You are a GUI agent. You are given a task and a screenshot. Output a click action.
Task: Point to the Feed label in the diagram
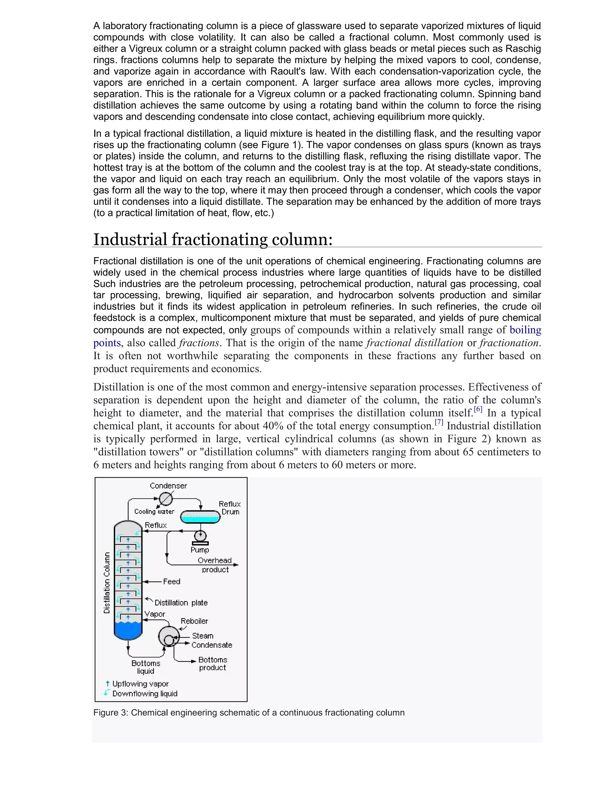point(172,581)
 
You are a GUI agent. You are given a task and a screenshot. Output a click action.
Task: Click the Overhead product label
point(215,565)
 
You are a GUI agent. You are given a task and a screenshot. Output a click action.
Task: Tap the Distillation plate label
point(181,603)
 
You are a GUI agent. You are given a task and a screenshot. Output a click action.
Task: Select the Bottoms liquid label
point(146,667)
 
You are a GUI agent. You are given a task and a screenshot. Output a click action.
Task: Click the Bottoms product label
point(212,664)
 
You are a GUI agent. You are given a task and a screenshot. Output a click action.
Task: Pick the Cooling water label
point(154,511)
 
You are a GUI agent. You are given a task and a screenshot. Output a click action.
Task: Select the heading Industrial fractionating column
point(213,239)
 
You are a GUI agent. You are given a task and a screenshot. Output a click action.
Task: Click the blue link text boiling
point(525,330)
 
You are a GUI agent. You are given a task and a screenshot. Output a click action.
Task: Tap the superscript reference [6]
point(478,409)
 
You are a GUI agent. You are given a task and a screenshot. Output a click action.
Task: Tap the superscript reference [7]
point(439,422)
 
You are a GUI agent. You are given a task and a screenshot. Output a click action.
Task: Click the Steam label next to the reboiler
point(203,635)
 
